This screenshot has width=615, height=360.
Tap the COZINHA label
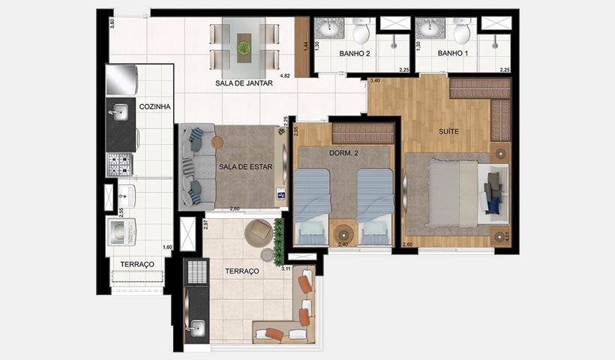(x=155, y=107)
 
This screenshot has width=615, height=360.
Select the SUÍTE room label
(x=449, y=131)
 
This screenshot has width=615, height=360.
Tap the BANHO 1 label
(x=451, y=53)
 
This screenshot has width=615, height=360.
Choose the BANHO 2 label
(x=355, y=53)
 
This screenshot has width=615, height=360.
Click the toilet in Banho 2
(x=361, y=32)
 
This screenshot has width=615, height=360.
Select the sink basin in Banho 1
(x=430, y=29)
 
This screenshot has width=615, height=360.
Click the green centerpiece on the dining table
(x=244, y=47)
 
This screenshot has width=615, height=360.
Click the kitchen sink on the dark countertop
(x=119, y=115)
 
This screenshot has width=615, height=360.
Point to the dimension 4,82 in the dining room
(x=284, y=76)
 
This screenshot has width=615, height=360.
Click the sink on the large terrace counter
(x=196, y=326)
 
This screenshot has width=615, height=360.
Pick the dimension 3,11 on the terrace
(x=286, y=268)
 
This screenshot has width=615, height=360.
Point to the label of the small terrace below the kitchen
(x=138, y=264)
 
